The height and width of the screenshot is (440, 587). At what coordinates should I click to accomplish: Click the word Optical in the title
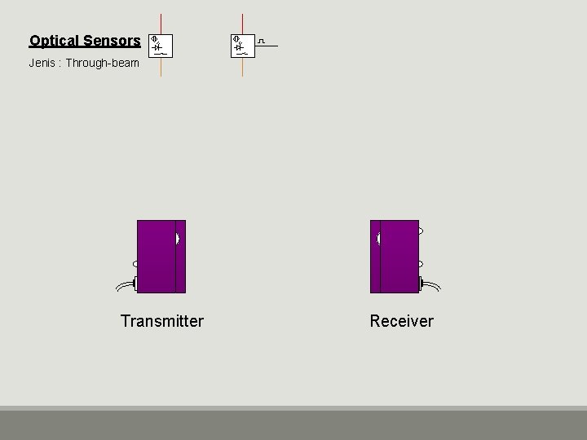click(x=54, y=40)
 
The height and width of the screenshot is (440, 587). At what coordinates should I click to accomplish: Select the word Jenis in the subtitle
click(x=42, y=62)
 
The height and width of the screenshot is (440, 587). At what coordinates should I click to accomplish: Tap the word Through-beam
click(x=103, y=62)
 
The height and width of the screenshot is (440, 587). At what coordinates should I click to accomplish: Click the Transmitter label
click(x=161, y=321)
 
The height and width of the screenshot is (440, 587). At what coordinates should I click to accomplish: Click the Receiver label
click(x=402, y=321)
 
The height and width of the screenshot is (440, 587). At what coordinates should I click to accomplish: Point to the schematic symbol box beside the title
click(x=161, y=46)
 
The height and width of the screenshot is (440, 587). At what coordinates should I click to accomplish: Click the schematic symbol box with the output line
click(x=242, y=46)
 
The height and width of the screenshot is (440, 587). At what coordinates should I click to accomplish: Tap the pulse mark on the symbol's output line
click(x=262, y=40)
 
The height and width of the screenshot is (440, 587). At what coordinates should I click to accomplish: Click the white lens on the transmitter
click(x=177, y=239)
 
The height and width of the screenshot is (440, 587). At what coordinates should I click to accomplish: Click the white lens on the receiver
click(x=378, y=239)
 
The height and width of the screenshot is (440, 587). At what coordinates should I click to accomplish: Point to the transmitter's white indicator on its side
click(x=135, y=264)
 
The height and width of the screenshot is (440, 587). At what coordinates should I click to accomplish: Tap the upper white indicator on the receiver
click(x=421, y=231)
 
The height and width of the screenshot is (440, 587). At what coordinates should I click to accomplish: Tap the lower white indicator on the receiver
click(x=421, y=264)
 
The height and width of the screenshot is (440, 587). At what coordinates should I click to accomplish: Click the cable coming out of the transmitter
click(x=124, y=285)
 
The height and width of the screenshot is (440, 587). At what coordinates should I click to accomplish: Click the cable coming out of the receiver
click(x=432, y=285)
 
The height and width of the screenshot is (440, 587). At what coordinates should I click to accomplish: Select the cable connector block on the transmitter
click(x=135, y=284)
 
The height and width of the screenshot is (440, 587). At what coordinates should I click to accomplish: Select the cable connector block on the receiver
click(x=421, y=284)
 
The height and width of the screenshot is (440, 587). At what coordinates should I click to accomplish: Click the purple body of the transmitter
click(x=157, y=257)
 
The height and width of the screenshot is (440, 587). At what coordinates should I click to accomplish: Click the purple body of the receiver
click(x=399, y=257)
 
